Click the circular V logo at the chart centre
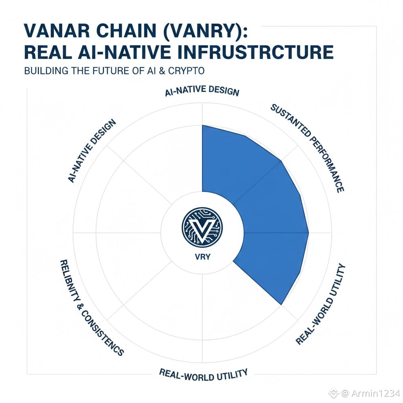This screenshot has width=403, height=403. point(202,227)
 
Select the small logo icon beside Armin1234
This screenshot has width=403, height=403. point(334,393)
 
